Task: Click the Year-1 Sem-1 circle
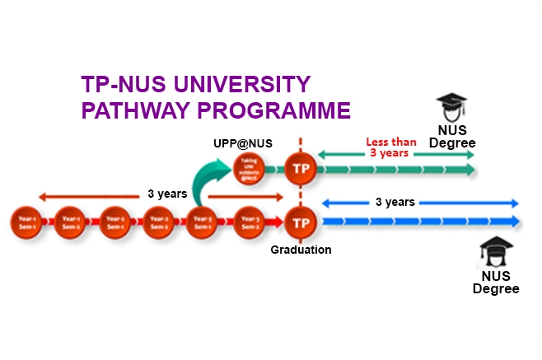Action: coord(25,222)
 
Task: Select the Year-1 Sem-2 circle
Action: coord(69,222)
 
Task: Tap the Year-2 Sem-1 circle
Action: coord(114,222)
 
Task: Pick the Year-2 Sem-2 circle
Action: coord(157,222)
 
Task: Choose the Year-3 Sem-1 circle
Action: coord(202,222)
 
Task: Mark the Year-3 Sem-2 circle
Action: coord(247,222)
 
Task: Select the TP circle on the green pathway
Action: coord(301,170)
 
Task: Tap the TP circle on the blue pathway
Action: coord(301,222)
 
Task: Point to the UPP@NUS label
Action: coord(242,143)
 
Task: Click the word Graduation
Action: coord(301,250)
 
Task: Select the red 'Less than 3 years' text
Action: coord(391,147)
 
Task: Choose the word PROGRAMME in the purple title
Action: coord(281,110)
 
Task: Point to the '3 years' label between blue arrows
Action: coord(395,202)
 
